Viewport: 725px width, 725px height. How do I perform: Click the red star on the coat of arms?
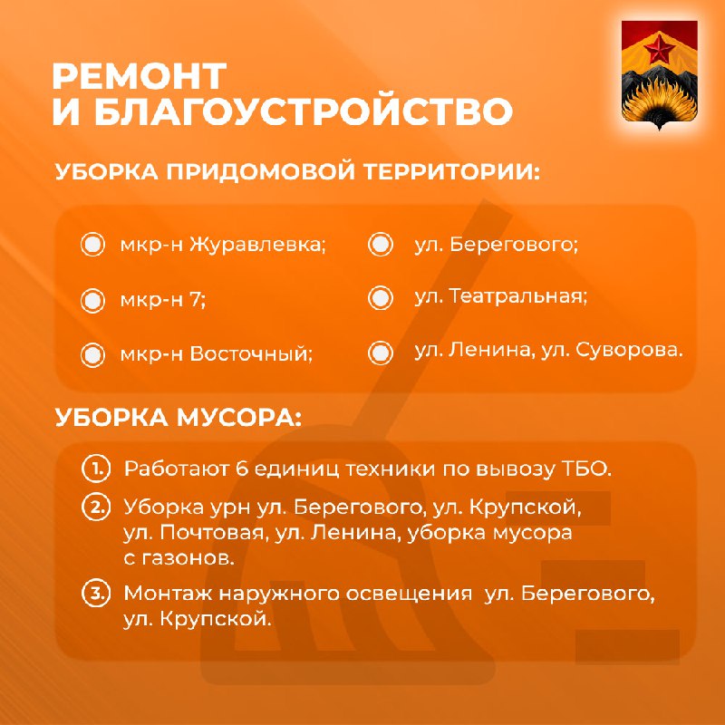point(659,50)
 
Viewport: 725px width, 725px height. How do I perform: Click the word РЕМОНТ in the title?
point(140,76)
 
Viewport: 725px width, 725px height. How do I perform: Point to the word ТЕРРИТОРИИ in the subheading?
point(451,171)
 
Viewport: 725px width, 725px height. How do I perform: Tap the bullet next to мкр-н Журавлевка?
point(93,244)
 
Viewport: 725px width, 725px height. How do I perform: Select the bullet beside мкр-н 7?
point(93,301)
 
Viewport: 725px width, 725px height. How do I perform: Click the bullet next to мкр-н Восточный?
point(93,355)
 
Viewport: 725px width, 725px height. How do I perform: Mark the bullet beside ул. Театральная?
point(381,297)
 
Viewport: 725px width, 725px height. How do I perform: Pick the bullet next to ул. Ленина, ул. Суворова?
point(381,353)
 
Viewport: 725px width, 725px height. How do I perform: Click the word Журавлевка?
point(257,245)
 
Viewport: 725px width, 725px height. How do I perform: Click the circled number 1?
point(96,469)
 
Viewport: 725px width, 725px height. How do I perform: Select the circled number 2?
point(96,507)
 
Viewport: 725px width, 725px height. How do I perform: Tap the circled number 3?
point(96,593)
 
